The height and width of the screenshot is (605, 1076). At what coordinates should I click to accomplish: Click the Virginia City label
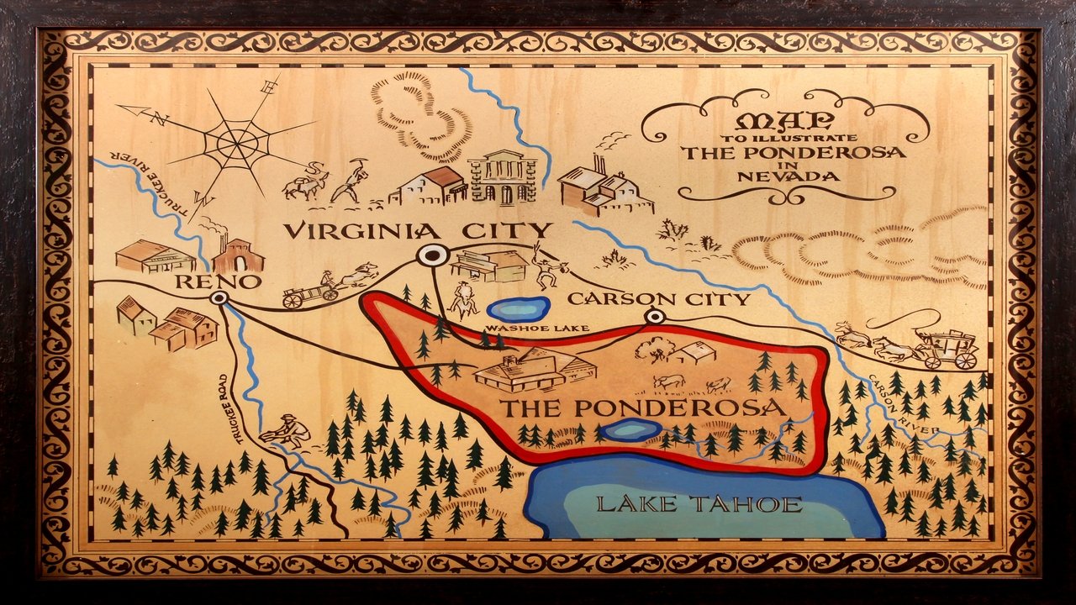click(x=417, y=230)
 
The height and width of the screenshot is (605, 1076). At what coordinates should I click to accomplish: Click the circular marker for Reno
click(x=220, y=297)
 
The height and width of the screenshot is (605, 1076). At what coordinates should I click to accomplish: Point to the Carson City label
click(x=658, y=298)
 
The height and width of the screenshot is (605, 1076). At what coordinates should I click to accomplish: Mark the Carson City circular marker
click(x=655, y=317)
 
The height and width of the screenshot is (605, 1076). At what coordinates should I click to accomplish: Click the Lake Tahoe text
click(x=699, y=504)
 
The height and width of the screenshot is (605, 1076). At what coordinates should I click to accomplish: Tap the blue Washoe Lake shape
click(x=518, y=308)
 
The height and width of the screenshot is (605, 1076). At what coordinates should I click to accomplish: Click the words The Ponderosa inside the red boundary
click(x=643, y=408)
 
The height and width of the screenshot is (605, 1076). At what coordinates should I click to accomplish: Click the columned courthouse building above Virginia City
click(x=503, y=177)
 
